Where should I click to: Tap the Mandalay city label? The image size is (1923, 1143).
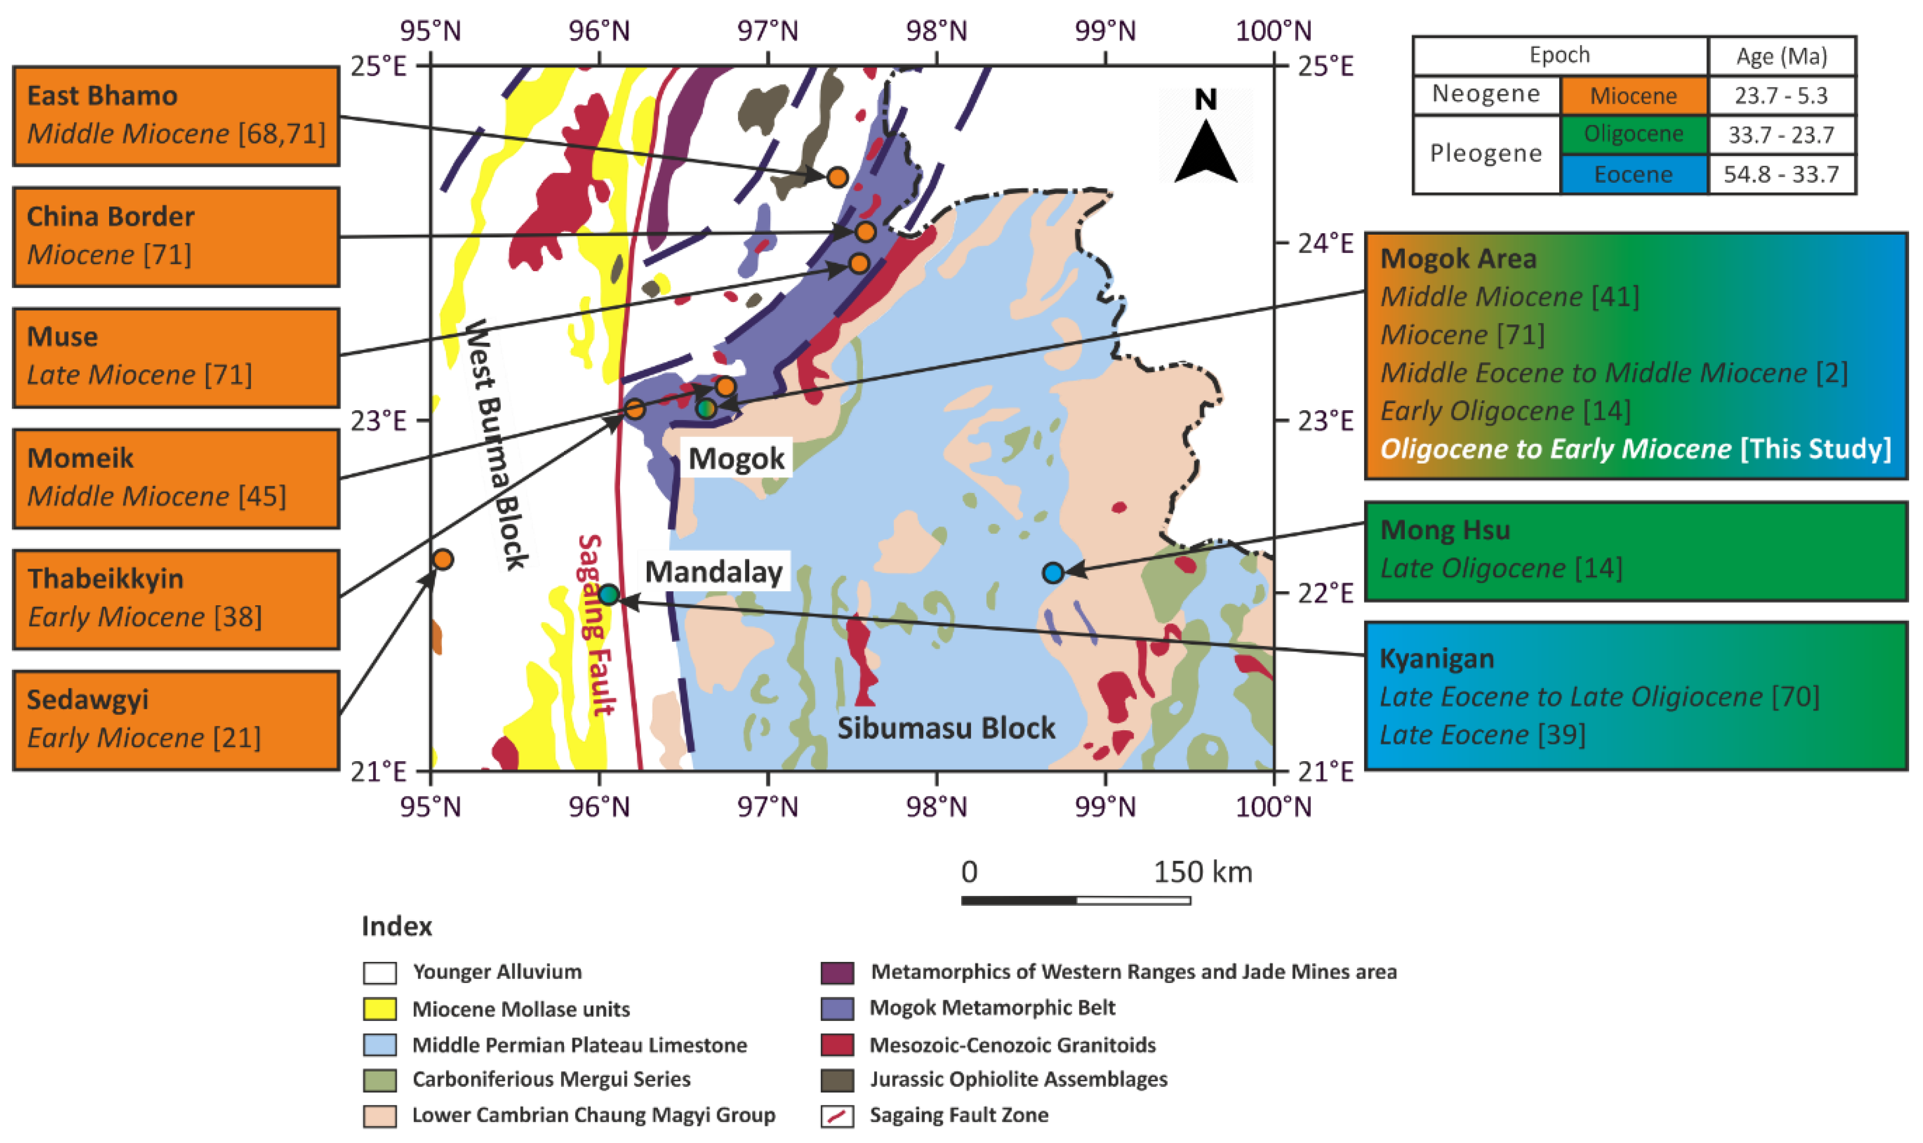coord(714,571)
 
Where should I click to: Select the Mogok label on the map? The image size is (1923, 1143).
coord(736,458)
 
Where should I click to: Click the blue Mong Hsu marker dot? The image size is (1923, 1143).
coord(1053,572)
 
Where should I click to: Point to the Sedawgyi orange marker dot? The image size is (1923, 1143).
coord(442,559)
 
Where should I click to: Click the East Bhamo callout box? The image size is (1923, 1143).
coord(177,115)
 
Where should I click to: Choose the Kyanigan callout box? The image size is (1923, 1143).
coord(1636,695)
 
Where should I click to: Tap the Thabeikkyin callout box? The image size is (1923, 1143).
coord(177,599)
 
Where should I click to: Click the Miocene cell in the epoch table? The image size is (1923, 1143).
coord(1633,96)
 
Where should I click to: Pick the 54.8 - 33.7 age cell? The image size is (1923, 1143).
coord(1781,174)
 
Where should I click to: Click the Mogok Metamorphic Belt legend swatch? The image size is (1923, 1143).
coord(837,1008)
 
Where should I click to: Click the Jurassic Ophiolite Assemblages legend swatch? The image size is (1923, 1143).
coord(837,1080)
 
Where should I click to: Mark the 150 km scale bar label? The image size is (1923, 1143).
coord(1202,872)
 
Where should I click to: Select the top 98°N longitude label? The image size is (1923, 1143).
coord(937,31)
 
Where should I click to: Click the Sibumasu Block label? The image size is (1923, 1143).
coord(946,728)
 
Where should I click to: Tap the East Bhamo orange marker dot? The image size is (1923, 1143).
coord(837,177)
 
